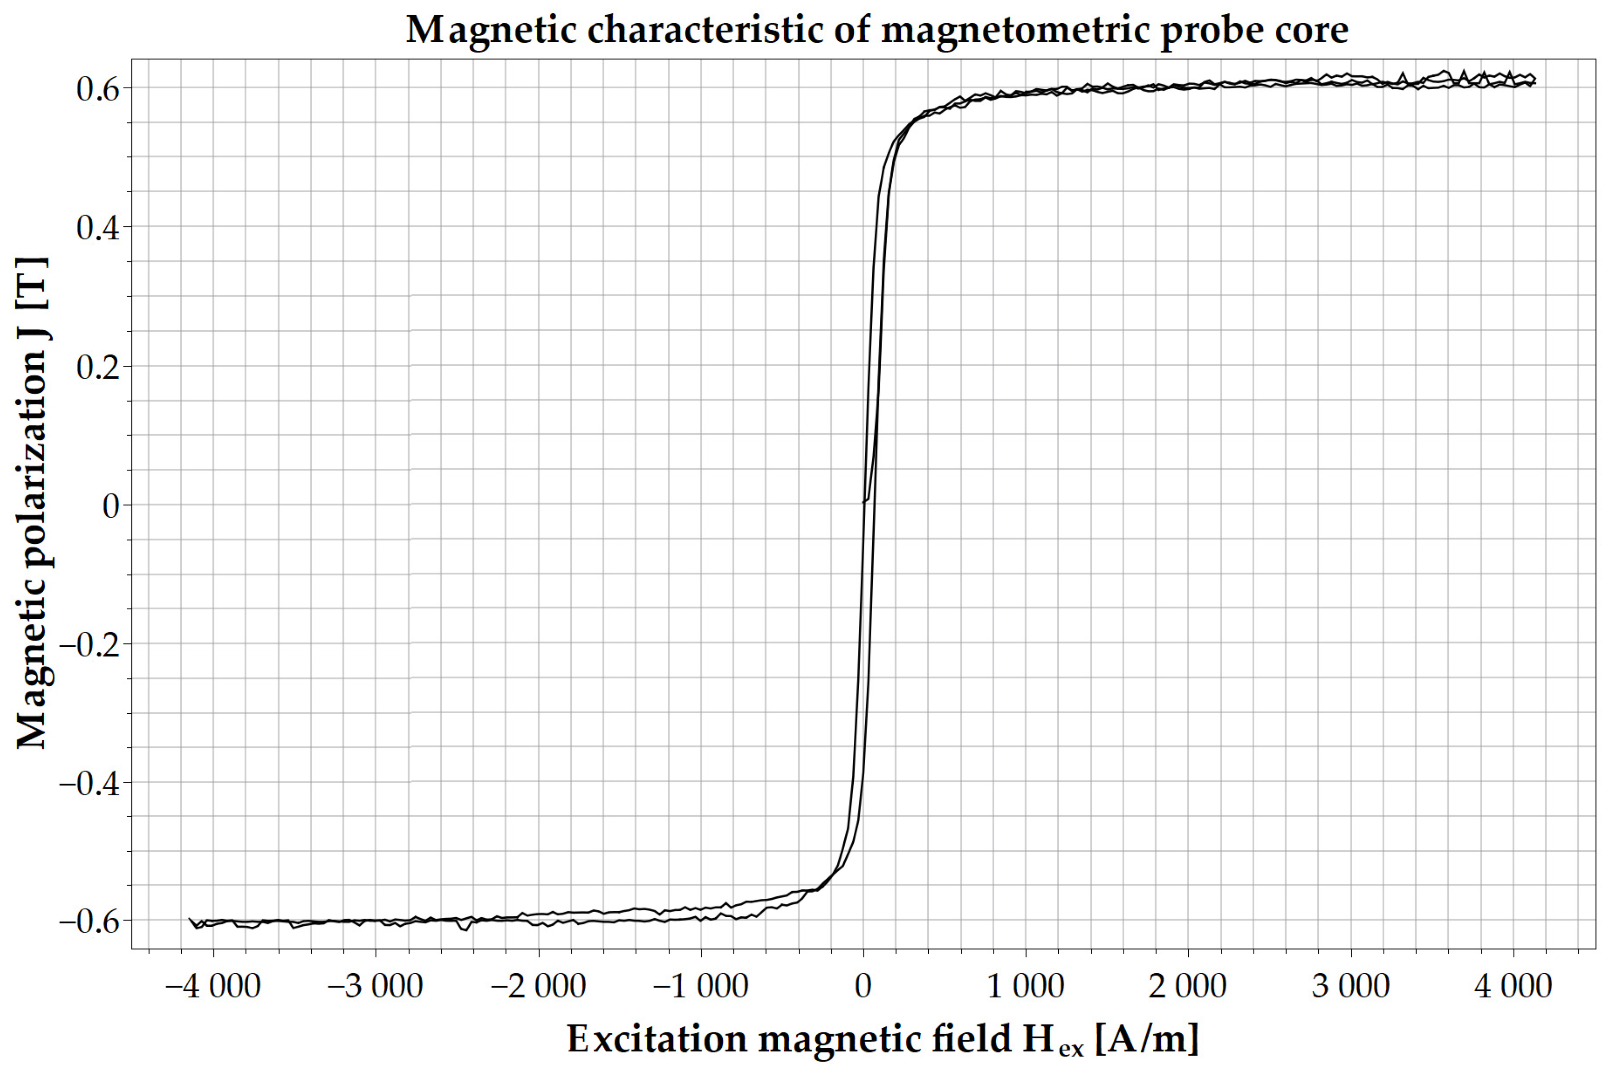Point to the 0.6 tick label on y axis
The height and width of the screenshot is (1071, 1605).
click(x=98, y=89)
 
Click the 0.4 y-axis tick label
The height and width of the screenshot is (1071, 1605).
click(x=98, y=227)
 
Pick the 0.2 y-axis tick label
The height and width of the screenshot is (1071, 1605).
click(x=98, y=367)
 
